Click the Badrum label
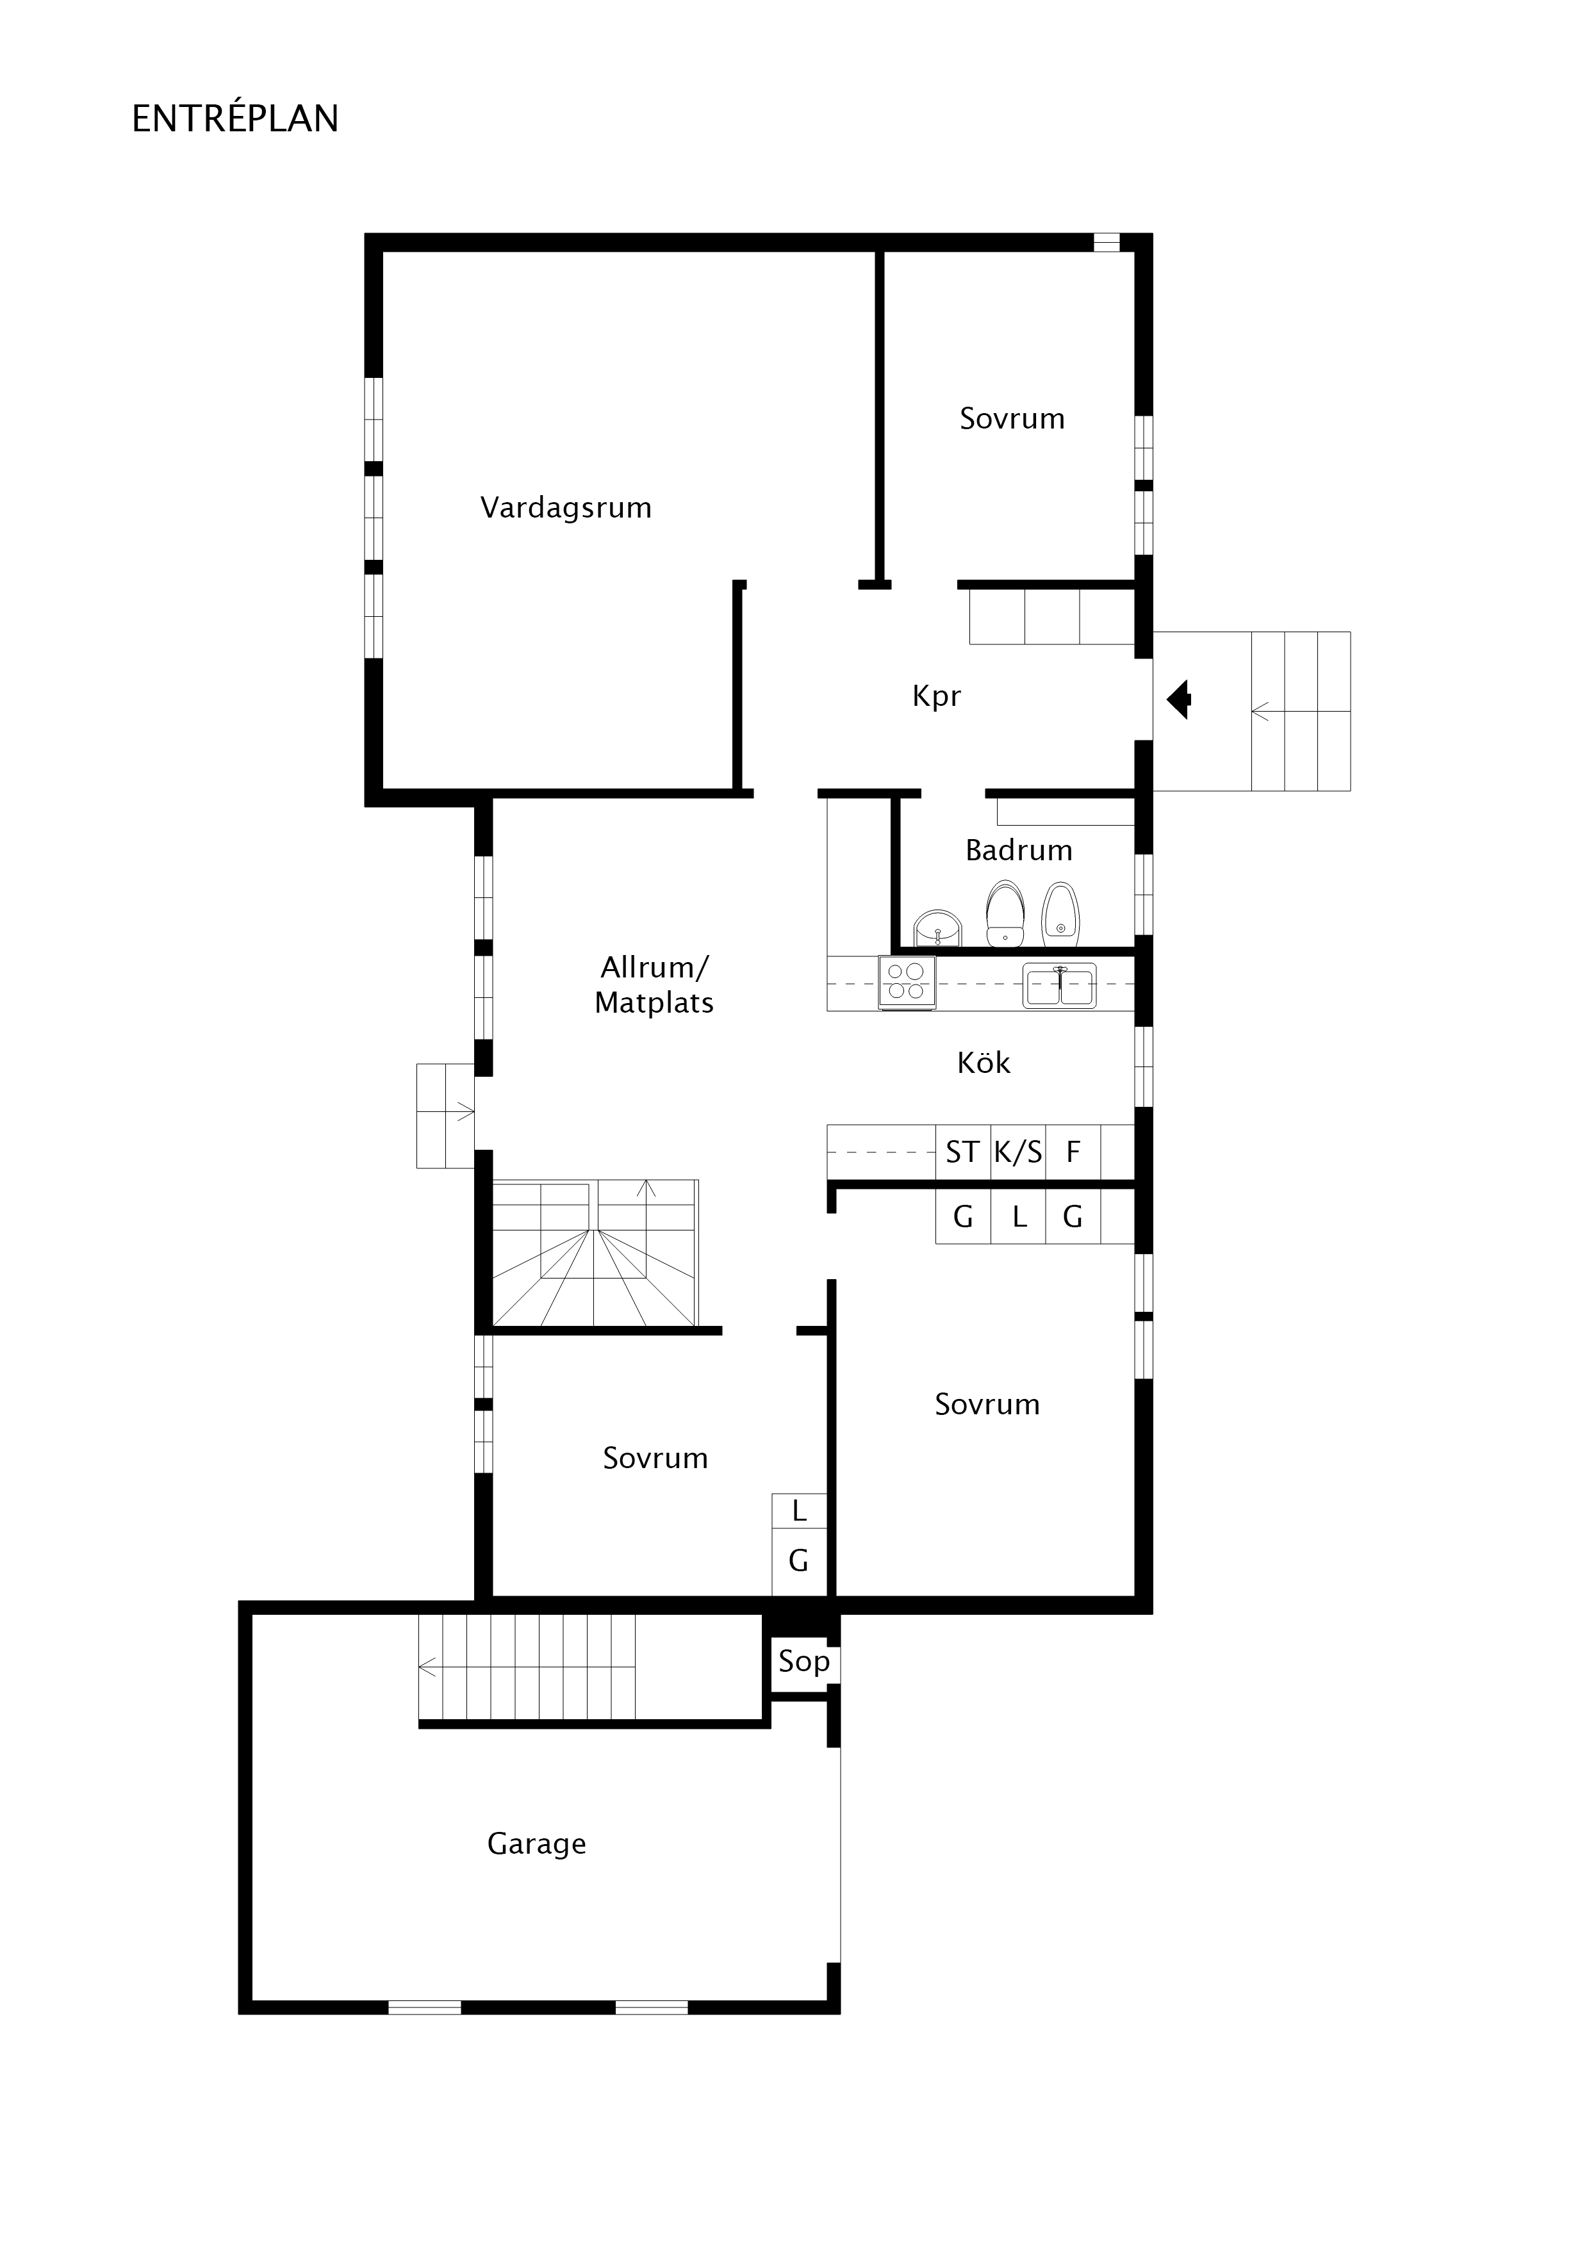click(1018, 849)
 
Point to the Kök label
click(983, 1062)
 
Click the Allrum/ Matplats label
click(654, 985)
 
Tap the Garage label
click(536, 1844)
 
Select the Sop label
click(804, 1662)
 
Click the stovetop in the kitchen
click(907, 981)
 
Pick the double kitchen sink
click(1059, 986)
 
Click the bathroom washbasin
click(937, 927)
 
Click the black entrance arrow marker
click(1179, 699)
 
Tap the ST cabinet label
click(962, 1152)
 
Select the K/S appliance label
click(1018, 1152)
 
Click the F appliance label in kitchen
click(1073, 1152)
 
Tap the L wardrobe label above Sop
click(799, 1511)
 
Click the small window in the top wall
click(1107, 241)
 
